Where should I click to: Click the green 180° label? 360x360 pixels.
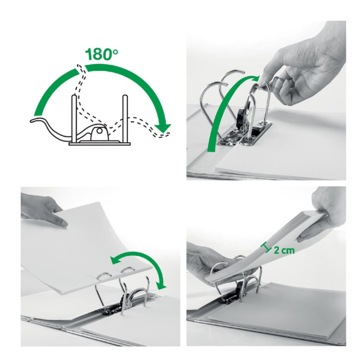102,54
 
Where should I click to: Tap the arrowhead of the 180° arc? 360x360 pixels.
163,128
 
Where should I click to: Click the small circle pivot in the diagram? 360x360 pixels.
99,131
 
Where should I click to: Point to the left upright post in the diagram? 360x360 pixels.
74,119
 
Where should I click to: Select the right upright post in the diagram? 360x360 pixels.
125,119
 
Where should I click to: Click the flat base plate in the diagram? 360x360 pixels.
100,144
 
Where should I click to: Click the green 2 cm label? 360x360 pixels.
284,250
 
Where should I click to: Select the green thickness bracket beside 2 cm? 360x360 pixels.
266,249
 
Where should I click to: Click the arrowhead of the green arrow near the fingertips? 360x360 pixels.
255,78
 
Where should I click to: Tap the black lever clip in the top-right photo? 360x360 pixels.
240,117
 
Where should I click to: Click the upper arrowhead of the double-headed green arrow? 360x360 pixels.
115,260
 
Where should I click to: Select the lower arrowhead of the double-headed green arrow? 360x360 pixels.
161,286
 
